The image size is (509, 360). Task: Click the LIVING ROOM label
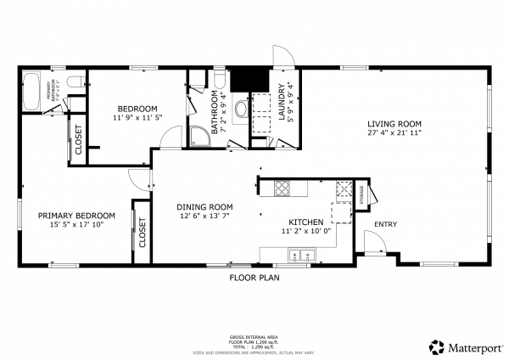click(x=394, y=124)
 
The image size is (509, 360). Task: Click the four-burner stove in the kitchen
click(x=281, y=188)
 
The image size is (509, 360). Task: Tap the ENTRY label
click(x=385, y=224)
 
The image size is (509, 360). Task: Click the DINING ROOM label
click(x=204, y=206)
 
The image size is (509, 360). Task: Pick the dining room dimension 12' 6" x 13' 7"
click(x=204, y=216)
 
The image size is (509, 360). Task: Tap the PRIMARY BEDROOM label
click(x=70, y=216)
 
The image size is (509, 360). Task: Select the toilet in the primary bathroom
click(x=75, y=82)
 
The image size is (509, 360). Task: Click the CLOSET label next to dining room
click(x=142, y=232)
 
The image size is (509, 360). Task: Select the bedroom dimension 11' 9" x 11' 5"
click(x=137, y=118)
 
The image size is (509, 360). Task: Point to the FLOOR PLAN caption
click(x=255, y=278)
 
